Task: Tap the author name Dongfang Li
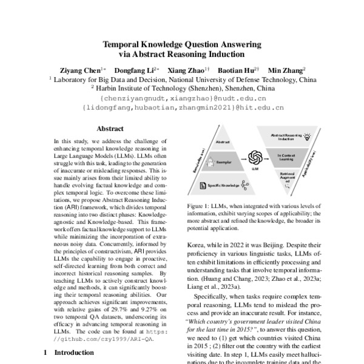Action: pyautogui.click(x=136, y=70)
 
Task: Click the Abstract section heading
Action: pyautogui.click(x=110, y=129)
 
